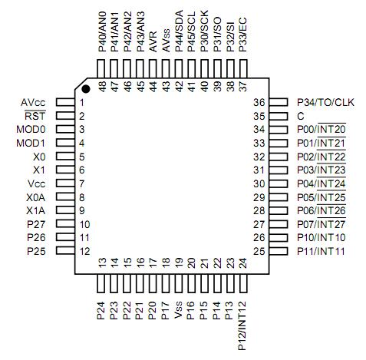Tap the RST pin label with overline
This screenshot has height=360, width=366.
36,116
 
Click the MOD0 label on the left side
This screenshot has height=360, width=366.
31,129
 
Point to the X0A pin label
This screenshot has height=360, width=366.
35,197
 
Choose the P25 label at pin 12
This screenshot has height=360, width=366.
36,251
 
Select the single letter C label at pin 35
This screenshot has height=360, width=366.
300,116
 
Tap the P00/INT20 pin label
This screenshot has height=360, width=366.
321,129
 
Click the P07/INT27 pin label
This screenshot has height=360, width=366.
321,223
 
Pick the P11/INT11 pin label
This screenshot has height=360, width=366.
321,251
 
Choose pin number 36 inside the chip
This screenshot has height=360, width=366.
259,102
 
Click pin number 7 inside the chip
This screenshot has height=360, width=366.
81,183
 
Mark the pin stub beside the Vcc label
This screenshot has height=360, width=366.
63,183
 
